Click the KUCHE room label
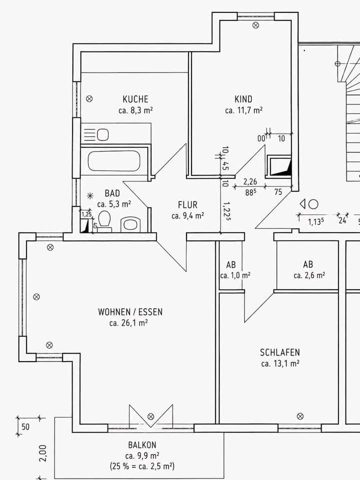[x=135, y=99]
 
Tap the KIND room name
[x=243, y=99]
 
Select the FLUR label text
[x=187, y=205]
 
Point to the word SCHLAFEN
[x=280, y=352]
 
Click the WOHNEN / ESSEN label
[x=130, y=312]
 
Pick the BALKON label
[x=142, y=445]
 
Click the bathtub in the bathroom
[x=114, y=161]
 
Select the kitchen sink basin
[x=103, y=134]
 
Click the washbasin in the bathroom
[x=130, y=224]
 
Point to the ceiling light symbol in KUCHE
[x=89, y=98]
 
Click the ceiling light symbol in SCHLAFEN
[x=300, y=416]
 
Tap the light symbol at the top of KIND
[x=255, y=25]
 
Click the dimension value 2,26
[x=250, y=182]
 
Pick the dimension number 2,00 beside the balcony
[x=43, y=453]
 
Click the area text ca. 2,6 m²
[x=309, y=275]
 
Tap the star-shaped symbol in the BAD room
[x=90, y=196]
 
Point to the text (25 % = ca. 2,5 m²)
[x=142, y=466]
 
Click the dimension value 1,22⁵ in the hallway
[x=227, y=211]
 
